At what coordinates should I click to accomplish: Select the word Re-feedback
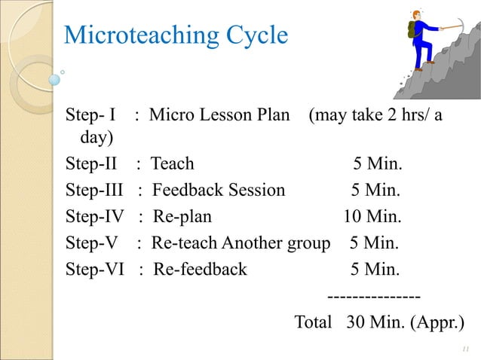[200, 269]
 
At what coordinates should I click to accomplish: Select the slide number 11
[464, 349]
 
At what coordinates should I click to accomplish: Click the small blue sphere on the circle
[54, 78]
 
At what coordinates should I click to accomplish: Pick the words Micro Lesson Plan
[219, 117]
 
